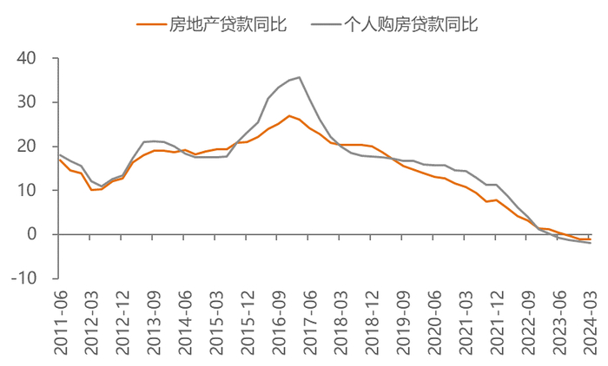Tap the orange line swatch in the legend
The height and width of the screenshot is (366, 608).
pyautogui.click(x=152, y=24)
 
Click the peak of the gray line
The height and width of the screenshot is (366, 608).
pyautogui.click(x=300, y=77)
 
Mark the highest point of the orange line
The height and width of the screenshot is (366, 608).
pyautogui.click(x=289, y=115)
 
